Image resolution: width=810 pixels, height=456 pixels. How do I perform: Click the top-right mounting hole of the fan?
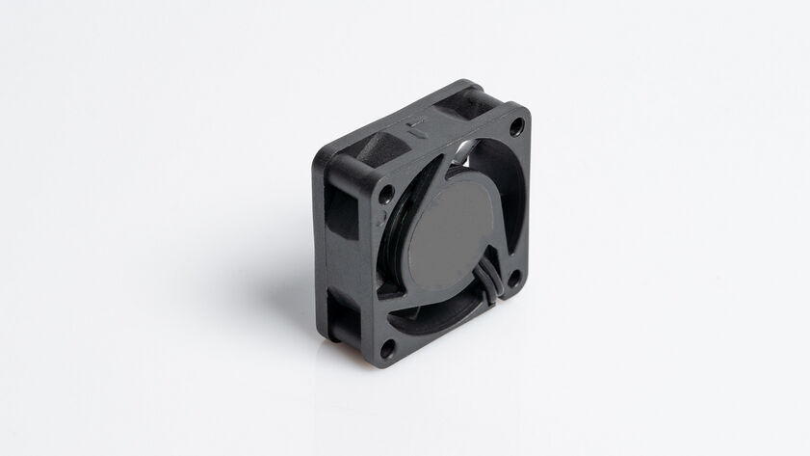tap(516, 125)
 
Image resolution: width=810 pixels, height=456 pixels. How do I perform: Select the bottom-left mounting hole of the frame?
tap(387, 348)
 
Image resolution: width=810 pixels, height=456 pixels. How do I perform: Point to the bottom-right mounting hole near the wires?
tap(513, 281)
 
